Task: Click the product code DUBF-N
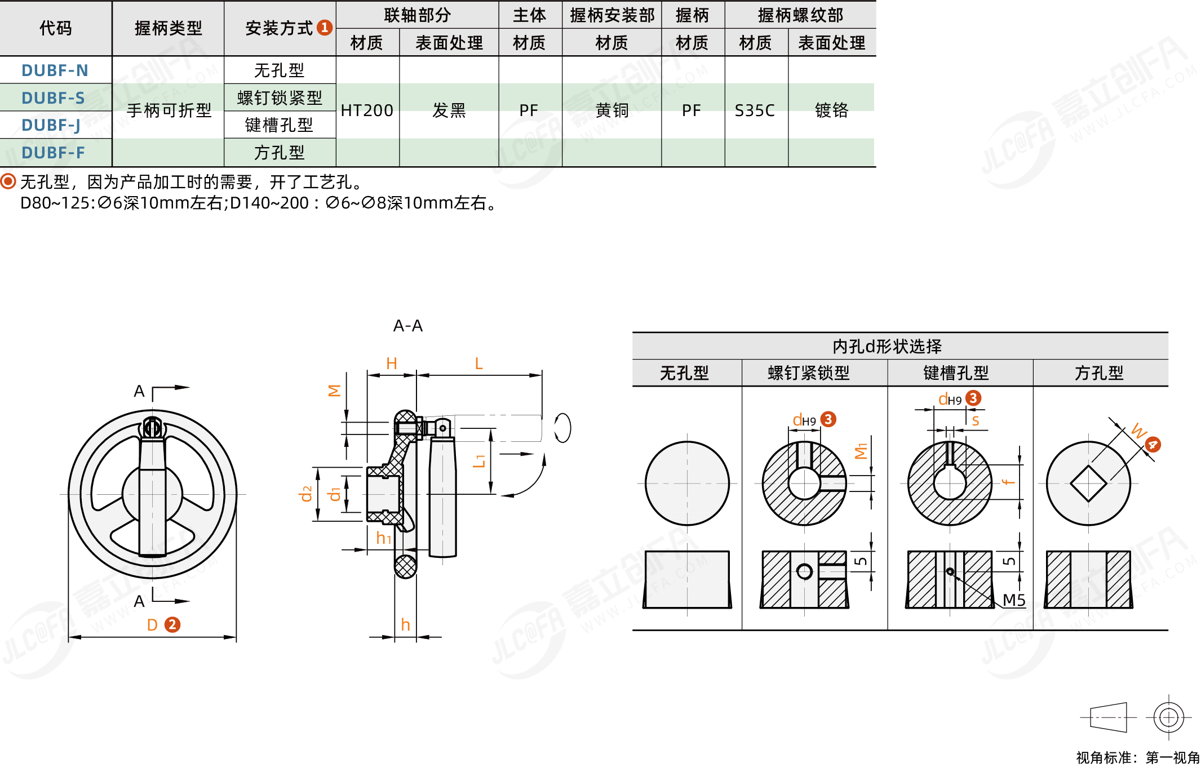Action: [55, 70]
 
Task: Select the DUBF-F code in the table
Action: [53, 153]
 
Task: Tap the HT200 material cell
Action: [367, 110]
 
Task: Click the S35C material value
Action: [755, 110]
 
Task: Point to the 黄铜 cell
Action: [611, 110]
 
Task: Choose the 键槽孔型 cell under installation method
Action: [279, 125]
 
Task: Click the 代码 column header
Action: [55, 28]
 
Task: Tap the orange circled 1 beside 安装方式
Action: [325, 28]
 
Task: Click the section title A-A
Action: [407, 326]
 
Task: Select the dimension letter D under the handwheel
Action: [152, 625]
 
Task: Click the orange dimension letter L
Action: [478, 364]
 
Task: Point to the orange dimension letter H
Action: [392, 364]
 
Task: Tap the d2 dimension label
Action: [306, 494]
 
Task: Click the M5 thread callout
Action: [1013, 600]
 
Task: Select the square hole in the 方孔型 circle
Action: [1088, 484]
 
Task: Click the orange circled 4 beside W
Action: [1153, 445]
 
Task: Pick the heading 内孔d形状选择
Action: [887, 346]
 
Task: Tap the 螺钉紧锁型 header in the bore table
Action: [808, 373]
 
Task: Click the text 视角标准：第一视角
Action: [1138, 757]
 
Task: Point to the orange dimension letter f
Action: [1008, 482]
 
